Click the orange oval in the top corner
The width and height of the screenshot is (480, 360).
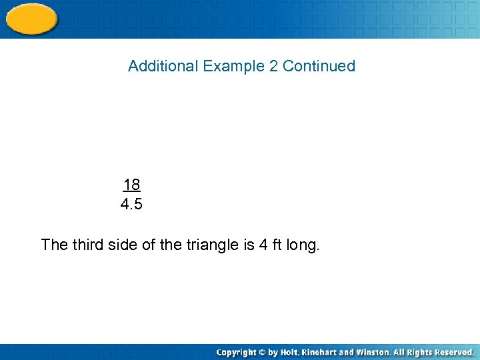tap(31, 19)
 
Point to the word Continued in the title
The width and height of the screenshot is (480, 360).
tap(319, 66)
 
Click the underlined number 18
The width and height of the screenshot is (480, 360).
tap(131, 185)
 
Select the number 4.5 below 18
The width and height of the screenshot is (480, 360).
tap(131, 205)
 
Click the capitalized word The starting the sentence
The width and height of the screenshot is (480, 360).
tap(55, 245)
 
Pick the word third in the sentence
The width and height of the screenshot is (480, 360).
tap(89, 245)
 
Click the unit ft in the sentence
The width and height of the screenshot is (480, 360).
tap(277, 245)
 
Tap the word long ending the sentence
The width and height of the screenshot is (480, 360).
tap(303, 245)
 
